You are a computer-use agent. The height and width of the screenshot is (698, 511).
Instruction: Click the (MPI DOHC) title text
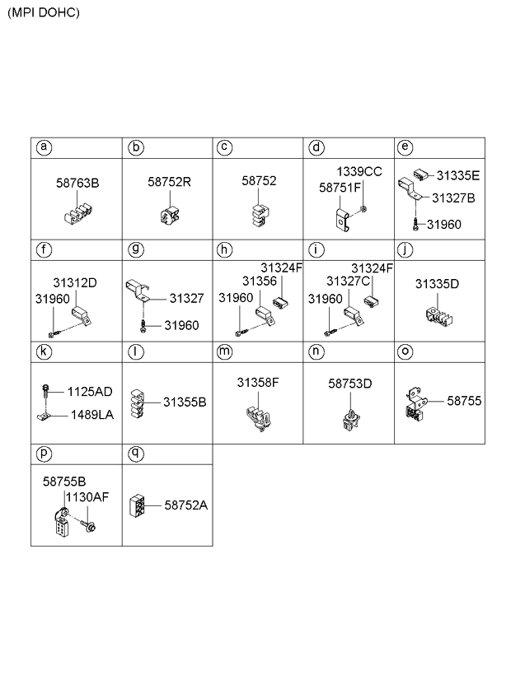(x=44, y=13)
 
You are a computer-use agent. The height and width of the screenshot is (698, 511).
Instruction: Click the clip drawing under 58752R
(x=169, y=216)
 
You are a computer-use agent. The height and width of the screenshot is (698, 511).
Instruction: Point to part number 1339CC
(x=360, y=171)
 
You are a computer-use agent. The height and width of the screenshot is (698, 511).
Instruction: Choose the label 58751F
(x=340, y=188)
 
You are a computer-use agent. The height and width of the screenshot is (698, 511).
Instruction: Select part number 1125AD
(x=91, y=391)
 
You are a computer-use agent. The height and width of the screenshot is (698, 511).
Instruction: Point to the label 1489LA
(x=91, y=414)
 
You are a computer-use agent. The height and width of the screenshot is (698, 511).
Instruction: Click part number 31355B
(x=184, y=403)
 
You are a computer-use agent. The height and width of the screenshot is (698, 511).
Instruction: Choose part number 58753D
(x=350, y=383)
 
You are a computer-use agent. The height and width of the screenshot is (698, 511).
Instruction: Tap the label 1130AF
(x=87, y=496)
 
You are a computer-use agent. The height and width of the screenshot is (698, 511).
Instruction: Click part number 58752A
(x=186, y=505)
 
